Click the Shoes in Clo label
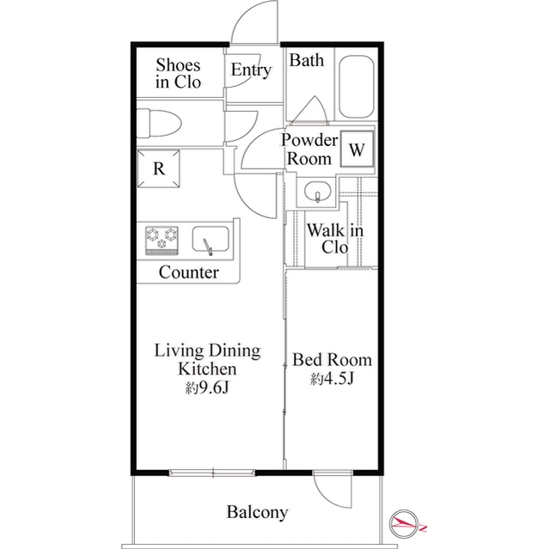tap(178, 73)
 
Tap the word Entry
tap(251, 70)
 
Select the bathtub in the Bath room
tap(357, 87)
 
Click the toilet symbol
tap(158, 123)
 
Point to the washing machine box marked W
tap(357, 149)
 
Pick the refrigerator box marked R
tap(159, 168)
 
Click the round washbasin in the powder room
tap(317, 192)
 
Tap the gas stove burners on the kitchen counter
tap(162, 241)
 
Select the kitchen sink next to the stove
tap(211, 240)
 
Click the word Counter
tap(189, 272)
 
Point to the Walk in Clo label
tap(335, 239)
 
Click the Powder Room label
tap(309, 149)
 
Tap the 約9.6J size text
tap(207, 387)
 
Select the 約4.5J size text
tap(333, 379)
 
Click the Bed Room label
tap(333, 360)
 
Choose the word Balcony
tap(257, 512)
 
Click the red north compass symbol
tap(406, 524)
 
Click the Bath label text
tap(307, 60)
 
